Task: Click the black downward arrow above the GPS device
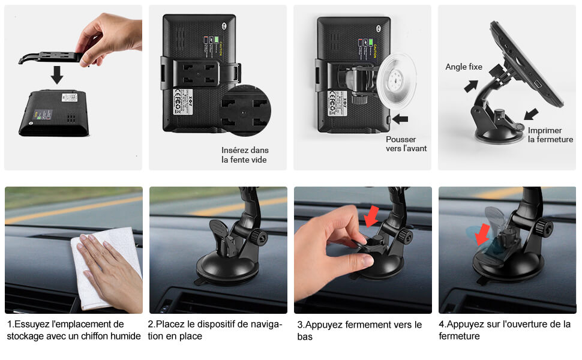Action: pos(57,75)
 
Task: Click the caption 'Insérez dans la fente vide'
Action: pos(245,155)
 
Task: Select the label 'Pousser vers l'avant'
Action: pos(406,144)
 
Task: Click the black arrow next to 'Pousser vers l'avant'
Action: pos(400,119)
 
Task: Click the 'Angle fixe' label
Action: pos(463,67)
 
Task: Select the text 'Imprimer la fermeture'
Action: pos(550,135)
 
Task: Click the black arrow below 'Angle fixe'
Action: pos(471,86)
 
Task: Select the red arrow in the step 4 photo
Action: pos(482,235)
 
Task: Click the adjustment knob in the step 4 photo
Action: pos(544,227)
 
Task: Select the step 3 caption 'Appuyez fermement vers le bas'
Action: pos(359,331)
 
